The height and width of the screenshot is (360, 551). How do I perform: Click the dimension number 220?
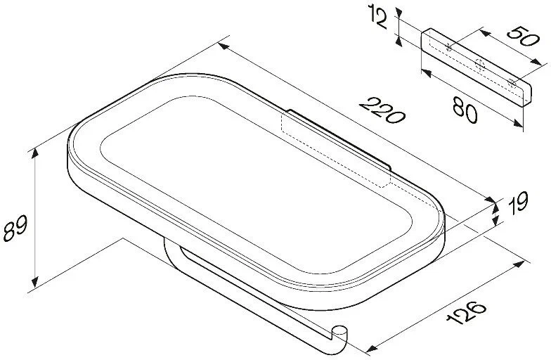pyautogui.click(x=382, y=111)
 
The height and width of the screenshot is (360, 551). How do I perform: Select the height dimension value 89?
pyautogui.click(x=15, y=229)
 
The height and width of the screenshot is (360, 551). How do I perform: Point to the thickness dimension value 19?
pyautogui.click(x=519, y=202)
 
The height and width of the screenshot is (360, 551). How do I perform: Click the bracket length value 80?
pyautogui.click(x=465, y=110)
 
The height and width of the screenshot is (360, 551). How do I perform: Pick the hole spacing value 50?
pyautogui.click(x=523, y=37)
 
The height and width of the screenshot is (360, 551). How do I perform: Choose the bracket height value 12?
pyautogui.click(x=378, y=17)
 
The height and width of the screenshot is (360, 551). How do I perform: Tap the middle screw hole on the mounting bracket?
pyautogui.click(x=479, y=65)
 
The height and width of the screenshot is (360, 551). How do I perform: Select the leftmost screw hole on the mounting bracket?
pyautogui.click(x=448, y=47)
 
